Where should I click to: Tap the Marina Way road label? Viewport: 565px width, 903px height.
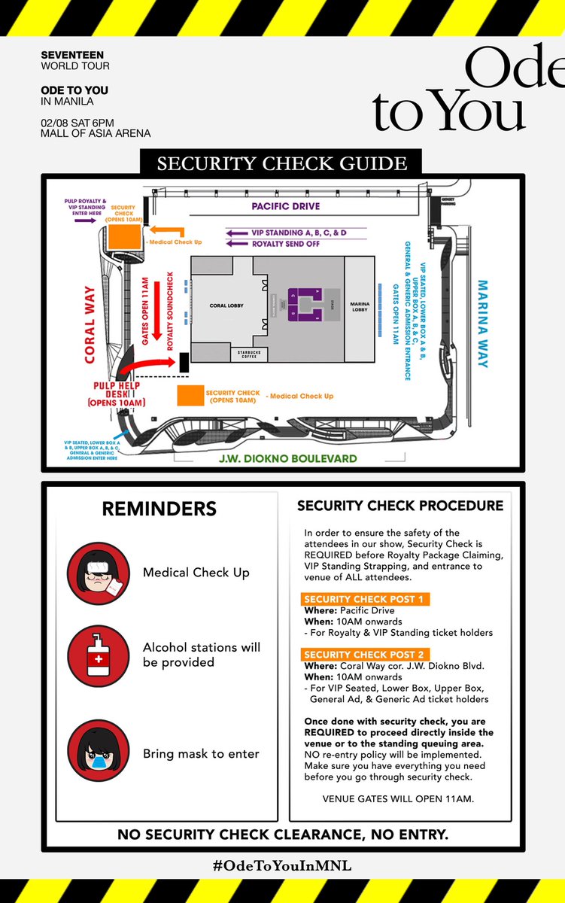coord(484,324)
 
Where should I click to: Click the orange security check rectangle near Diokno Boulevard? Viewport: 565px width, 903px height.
coord(190,395)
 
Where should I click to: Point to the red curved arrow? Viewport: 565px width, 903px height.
coord(148,366)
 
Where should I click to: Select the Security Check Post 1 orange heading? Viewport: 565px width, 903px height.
coord(365,600)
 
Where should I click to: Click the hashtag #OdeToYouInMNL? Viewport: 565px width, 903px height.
coord(282,866)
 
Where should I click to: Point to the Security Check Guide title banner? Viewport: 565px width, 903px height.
coord(281,163)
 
